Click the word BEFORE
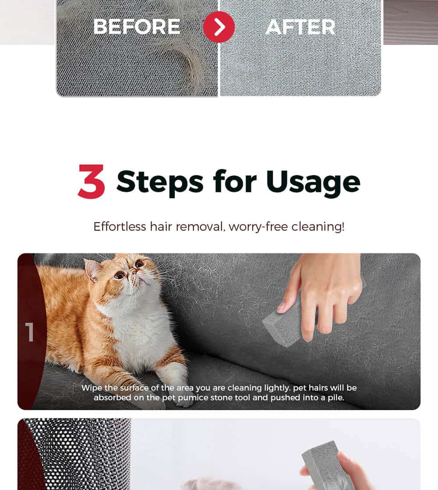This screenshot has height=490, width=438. point(137,26)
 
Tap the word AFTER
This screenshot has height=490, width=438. point(300,27)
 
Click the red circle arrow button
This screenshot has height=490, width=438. point(219,27)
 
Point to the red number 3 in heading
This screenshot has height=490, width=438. point(91,181)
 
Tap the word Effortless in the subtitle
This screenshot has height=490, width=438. point(120,226)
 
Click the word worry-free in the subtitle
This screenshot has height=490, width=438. point(258,227)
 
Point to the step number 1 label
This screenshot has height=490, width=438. point(30,332)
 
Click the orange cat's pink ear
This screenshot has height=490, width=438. point(92,270)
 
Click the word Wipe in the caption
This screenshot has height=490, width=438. point(92,388)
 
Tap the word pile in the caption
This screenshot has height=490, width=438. point(337,398)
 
